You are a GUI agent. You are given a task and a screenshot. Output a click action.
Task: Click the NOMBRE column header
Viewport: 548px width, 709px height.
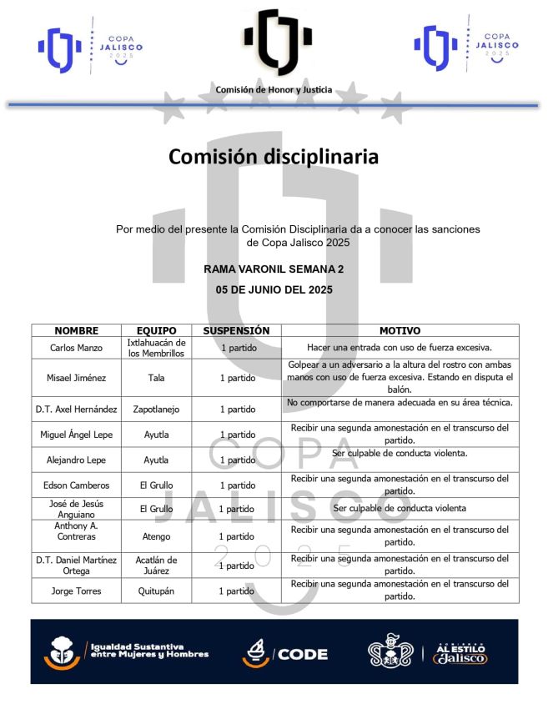tap(76, 330)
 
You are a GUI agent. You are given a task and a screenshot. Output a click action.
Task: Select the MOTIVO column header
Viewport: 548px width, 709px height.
tap(400, 330)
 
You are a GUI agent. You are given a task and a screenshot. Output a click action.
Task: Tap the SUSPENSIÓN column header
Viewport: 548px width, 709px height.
tap(236, 330)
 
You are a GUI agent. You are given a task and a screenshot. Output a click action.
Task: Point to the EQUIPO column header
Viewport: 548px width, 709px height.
tap(156, 330)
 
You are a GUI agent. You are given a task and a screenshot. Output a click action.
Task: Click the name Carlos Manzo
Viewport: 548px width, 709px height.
tap(76, 348)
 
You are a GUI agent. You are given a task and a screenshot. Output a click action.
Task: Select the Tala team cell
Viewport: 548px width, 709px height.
tap(156, 378)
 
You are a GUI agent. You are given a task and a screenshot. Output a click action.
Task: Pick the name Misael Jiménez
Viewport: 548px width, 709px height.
tap(76, 378)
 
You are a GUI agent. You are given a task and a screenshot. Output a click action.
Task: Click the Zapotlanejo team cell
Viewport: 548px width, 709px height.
tap(156, 410)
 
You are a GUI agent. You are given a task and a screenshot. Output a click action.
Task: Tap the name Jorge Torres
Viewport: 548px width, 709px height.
tap(76, 591)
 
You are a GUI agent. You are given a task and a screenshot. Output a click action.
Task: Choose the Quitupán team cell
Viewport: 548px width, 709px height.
tap(156, 591)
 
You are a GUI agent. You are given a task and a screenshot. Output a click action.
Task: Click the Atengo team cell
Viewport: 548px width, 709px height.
tap(156, 536)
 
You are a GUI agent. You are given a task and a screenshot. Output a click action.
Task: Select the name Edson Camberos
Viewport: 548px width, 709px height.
tap(76, 485)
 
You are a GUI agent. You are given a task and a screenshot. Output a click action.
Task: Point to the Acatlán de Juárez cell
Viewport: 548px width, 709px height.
tap(156, 566)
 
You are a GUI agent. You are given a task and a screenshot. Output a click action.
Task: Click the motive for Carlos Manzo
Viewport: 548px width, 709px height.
tap(400, 348)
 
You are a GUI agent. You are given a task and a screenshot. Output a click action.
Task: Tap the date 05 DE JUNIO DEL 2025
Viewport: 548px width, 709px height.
tap(274, 290)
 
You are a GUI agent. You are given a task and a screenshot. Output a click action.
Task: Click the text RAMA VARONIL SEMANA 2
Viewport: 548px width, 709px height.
tap(274, 269)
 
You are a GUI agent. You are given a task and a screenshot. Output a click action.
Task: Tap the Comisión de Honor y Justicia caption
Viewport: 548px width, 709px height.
tap(274, 89)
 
